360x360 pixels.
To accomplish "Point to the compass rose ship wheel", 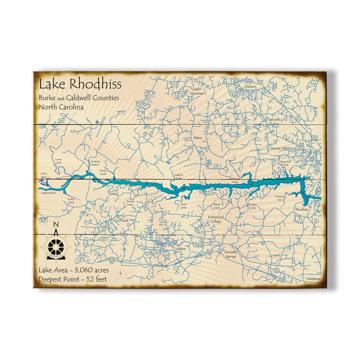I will pyautogui.click(x=56, y=246).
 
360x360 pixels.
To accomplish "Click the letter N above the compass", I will pyautogui.click(x=56, y=224).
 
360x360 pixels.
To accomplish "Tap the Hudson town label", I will pyautogui.click(x=250, y=86).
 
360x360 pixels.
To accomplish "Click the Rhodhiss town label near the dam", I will pyautogui.click(x=301, y=209).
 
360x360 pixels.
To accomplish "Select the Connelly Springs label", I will pyautogui.click(x=230, y=254).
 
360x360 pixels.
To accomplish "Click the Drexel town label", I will pyautogui.click(x=124, y=219).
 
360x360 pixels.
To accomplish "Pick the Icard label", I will pyautogui.click(x=276, y=254).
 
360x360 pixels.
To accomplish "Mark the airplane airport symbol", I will pyautogui.click(x=96, y=120).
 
